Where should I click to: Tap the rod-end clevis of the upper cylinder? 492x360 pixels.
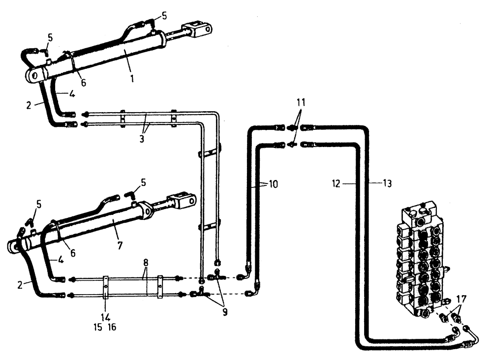[x=199, y=29]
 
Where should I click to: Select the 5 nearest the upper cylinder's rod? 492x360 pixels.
[x=164, y=16]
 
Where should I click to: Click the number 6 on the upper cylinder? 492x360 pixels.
[x=83, y=83]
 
